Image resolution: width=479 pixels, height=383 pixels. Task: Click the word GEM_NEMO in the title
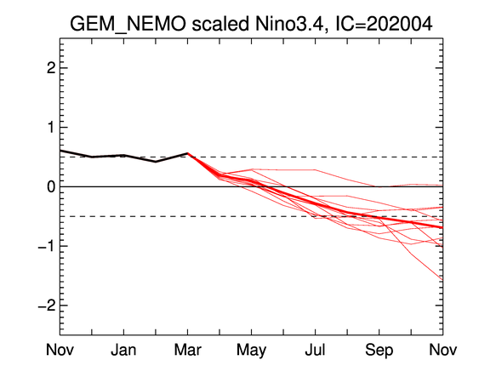click(128, 24)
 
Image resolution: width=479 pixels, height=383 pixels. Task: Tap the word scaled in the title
click(220, 24)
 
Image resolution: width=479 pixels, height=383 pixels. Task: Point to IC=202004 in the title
click(384, 24)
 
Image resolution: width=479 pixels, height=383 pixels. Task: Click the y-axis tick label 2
click(51, 68)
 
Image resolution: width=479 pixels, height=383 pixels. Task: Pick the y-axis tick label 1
click(51, 127)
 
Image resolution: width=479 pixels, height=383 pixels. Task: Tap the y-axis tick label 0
click(51, 186)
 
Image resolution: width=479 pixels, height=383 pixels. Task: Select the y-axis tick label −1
click(47, 246)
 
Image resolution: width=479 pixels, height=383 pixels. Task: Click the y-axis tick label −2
click(47, 305)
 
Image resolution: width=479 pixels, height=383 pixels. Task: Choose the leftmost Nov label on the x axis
click(60, 350)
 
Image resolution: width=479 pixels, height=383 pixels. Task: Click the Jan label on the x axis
click(123, 350)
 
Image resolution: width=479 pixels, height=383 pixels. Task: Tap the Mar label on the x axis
click(187, 350)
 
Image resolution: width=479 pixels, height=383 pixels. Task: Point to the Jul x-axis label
click(316, 350)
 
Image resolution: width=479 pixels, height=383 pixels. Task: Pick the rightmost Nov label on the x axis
click(443, 350)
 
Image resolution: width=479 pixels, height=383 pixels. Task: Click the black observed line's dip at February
click(156, 162)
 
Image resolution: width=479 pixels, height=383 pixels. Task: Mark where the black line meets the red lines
click(187, 153)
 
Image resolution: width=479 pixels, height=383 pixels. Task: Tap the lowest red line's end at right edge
click(442, 280)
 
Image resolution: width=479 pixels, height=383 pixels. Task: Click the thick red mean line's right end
click(442, 227)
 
